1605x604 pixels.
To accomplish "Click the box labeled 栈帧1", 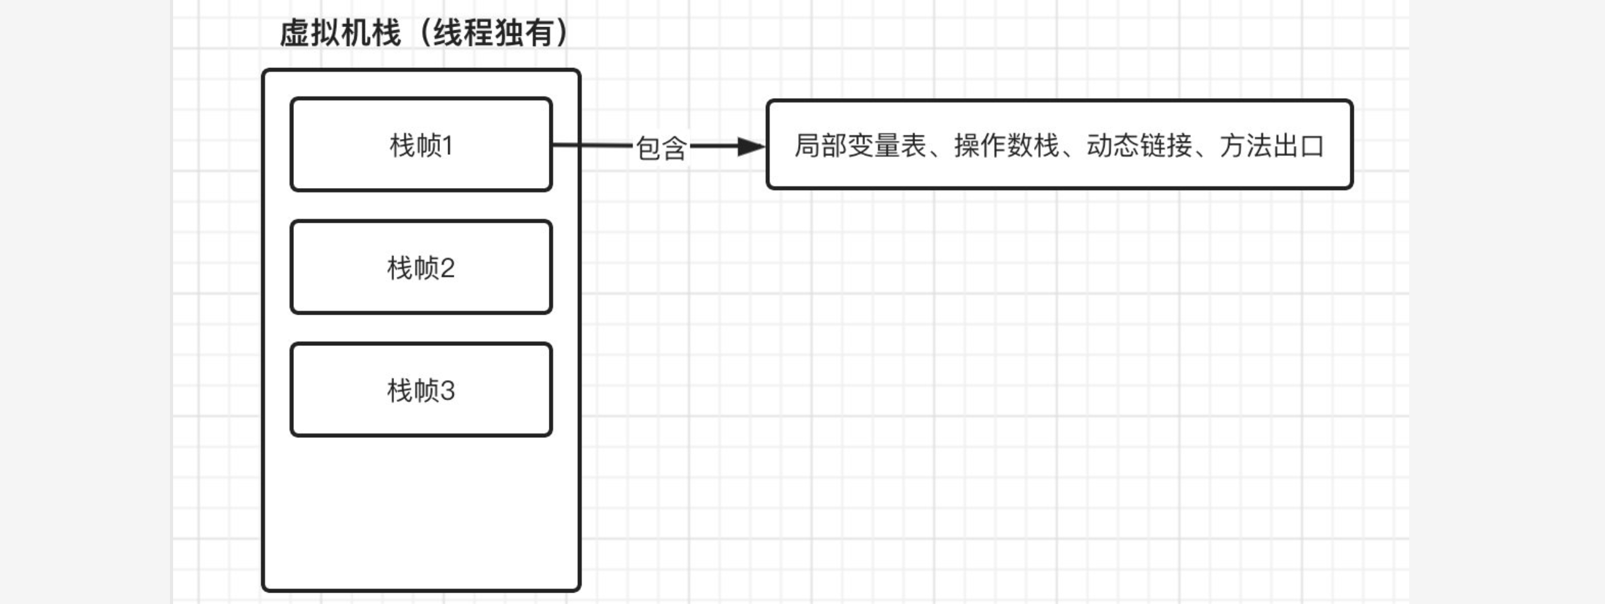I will pyautogui.click(x=420, y=145).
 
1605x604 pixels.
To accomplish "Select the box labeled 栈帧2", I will pyautogui.click(x=420, y=267).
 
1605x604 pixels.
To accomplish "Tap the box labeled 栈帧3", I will pyautogui.click(x=420, y=390).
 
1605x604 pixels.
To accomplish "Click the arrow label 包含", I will pyautogui.click(x=660, y=148).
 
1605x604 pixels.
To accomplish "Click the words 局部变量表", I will pyautogui.click(x=860, y=146).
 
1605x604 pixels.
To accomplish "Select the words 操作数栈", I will pyautogui.click(x=1006, y=146).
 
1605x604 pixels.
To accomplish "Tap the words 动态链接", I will pyautogui.click(x=1139, y=146).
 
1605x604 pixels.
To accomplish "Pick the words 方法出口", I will pyautogui.click(x=1271, y=146).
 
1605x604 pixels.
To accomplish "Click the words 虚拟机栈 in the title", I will pyautogui.click(x=340, y=33).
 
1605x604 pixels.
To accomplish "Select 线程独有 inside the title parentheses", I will pyautogui.click(x=493, y=33).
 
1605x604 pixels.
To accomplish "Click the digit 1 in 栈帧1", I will pyautogui.click(x=448, y=146).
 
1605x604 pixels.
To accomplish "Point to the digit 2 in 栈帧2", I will pyautogui.click(x=448, y=269).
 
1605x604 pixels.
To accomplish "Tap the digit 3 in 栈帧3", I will pyautogui.click(x=448, y=391).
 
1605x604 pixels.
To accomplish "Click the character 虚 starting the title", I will pyautogui.click(x=294, y=33).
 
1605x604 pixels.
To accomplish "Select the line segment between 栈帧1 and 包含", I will pyautogui.click(x=592, y=145).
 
